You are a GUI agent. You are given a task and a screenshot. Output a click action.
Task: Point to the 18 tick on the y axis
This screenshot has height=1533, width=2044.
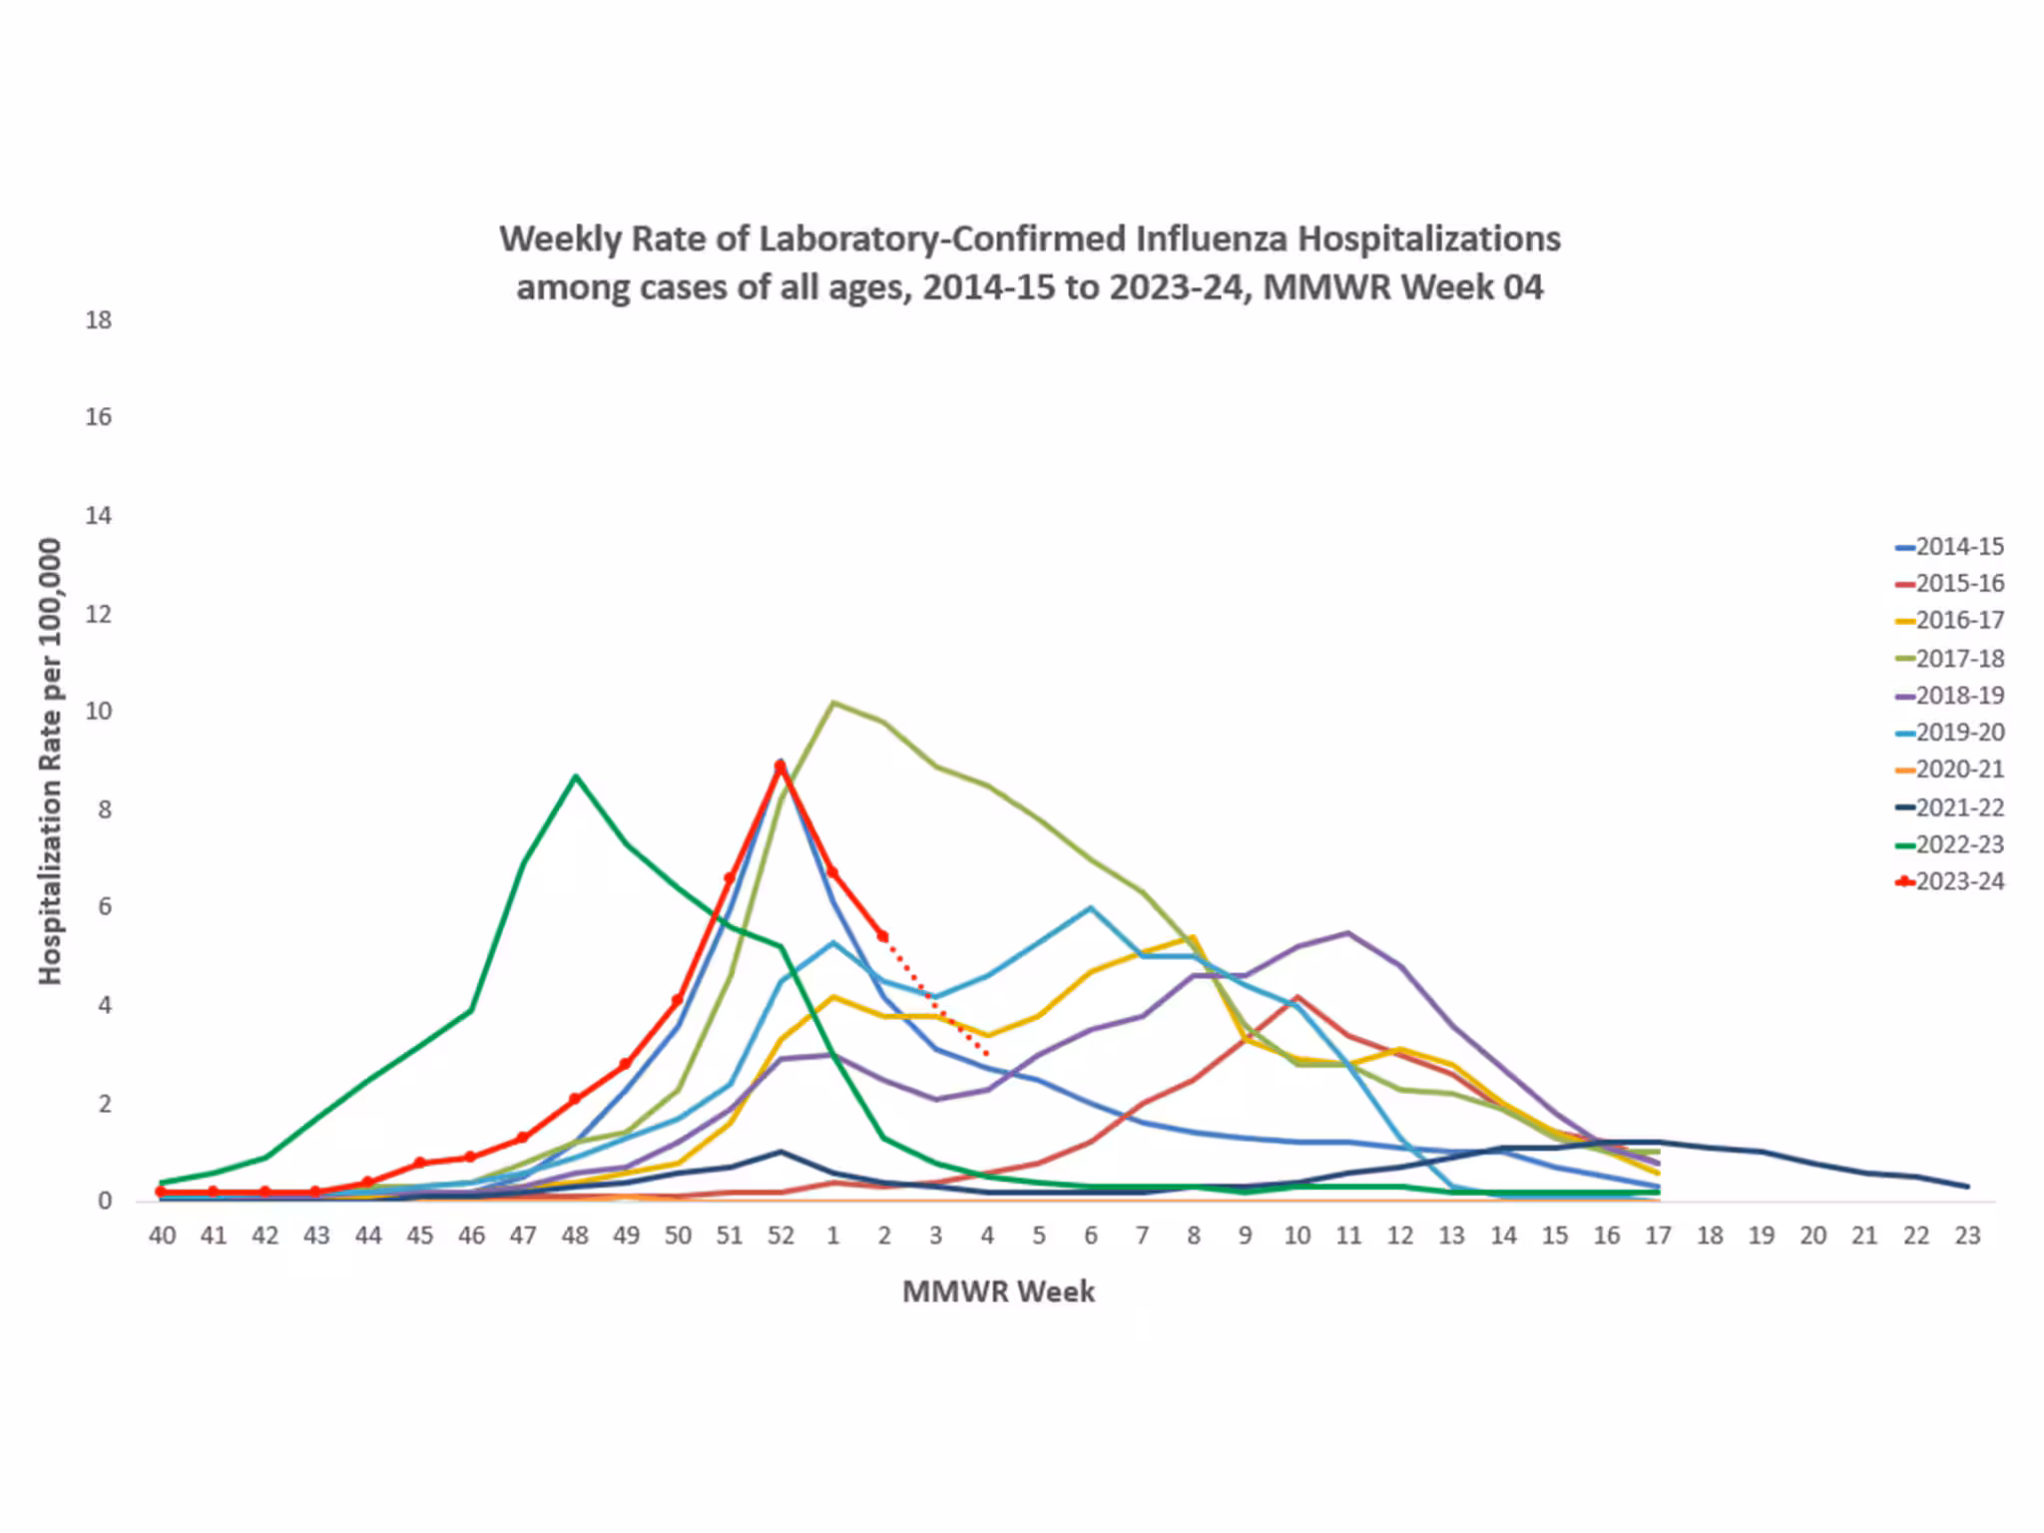coord(98,320)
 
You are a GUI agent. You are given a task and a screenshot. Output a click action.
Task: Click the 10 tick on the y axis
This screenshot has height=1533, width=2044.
coord(98,712)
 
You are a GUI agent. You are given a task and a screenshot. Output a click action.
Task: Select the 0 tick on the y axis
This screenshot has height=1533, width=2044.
coord(104,1202)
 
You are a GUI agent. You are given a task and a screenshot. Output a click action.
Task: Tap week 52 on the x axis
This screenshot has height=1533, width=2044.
coord(780,1236)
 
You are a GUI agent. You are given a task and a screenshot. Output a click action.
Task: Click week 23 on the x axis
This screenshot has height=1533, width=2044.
coord(1966,1236)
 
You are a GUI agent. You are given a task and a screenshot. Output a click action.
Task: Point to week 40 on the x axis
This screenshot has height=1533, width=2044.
coord(162,1236)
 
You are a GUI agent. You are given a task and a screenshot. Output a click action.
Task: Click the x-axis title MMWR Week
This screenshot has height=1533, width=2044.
coord(998,1291)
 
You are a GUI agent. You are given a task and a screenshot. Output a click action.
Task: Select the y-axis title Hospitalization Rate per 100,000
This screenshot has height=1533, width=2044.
coord(50,761)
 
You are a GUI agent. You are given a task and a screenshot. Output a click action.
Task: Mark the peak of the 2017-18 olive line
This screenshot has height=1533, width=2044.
coord(833,703)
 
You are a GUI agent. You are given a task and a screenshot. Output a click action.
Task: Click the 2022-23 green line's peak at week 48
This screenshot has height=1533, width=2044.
coord(575,775)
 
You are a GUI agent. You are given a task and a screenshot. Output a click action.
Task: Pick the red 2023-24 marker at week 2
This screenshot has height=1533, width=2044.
coord(883,936)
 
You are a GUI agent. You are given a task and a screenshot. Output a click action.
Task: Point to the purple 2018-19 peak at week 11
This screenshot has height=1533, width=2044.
coord(1348,933)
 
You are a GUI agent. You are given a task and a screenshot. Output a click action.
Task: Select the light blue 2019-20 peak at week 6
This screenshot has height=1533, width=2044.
coord(1091,907)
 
